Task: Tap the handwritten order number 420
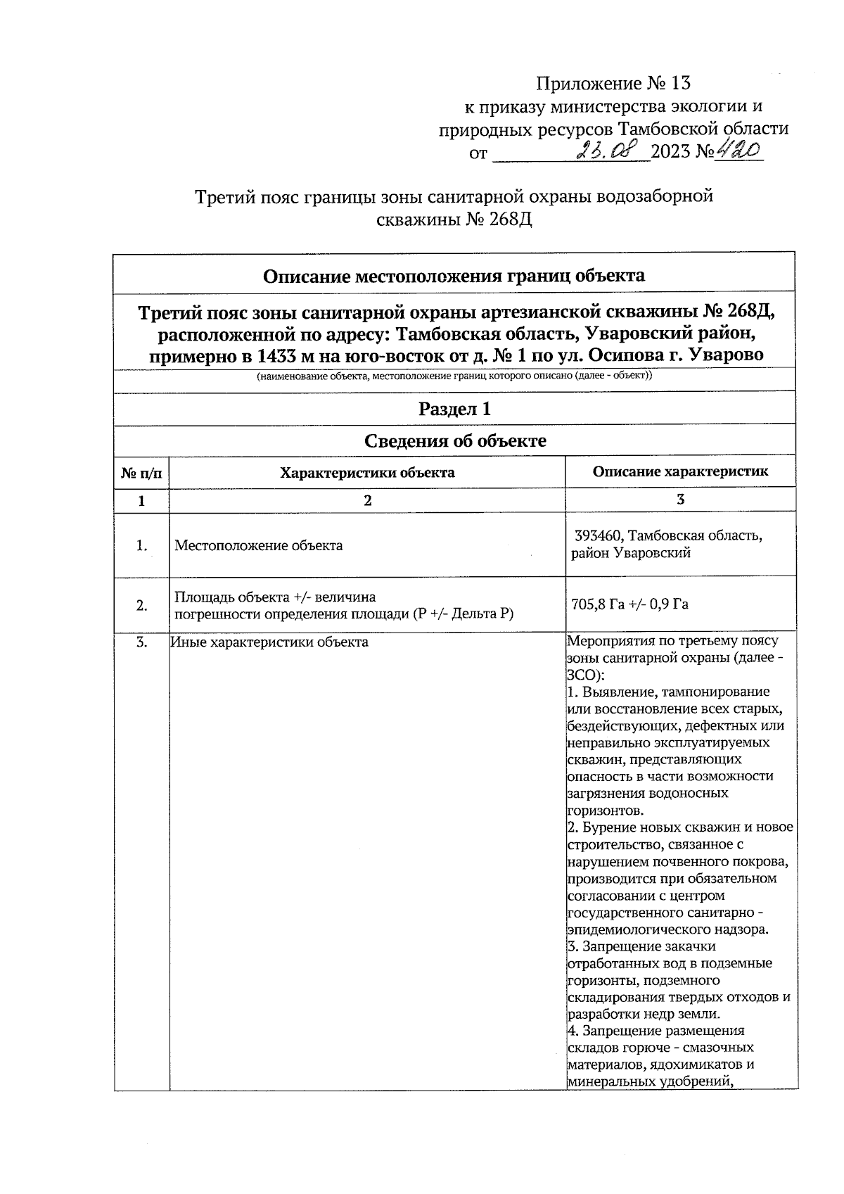[739, 150]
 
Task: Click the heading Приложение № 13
[613, 84]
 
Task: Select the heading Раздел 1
[454, 409]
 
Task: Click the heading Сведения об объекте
[454, 441]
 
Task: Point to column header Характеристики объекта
[367, 473]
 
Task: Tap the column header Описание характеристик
[680, 472]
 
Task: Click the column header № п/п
[141, 474]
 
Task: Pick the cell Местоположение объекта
[259, 545]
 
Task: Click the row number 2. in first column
[141, 606]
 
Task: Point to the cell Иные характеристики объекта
[269, 642]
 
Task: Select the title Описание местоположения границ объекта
[454, 275]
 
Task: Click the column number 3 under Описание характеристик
[680, 500]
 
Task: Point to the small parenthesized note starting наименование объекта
[454, 376]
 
